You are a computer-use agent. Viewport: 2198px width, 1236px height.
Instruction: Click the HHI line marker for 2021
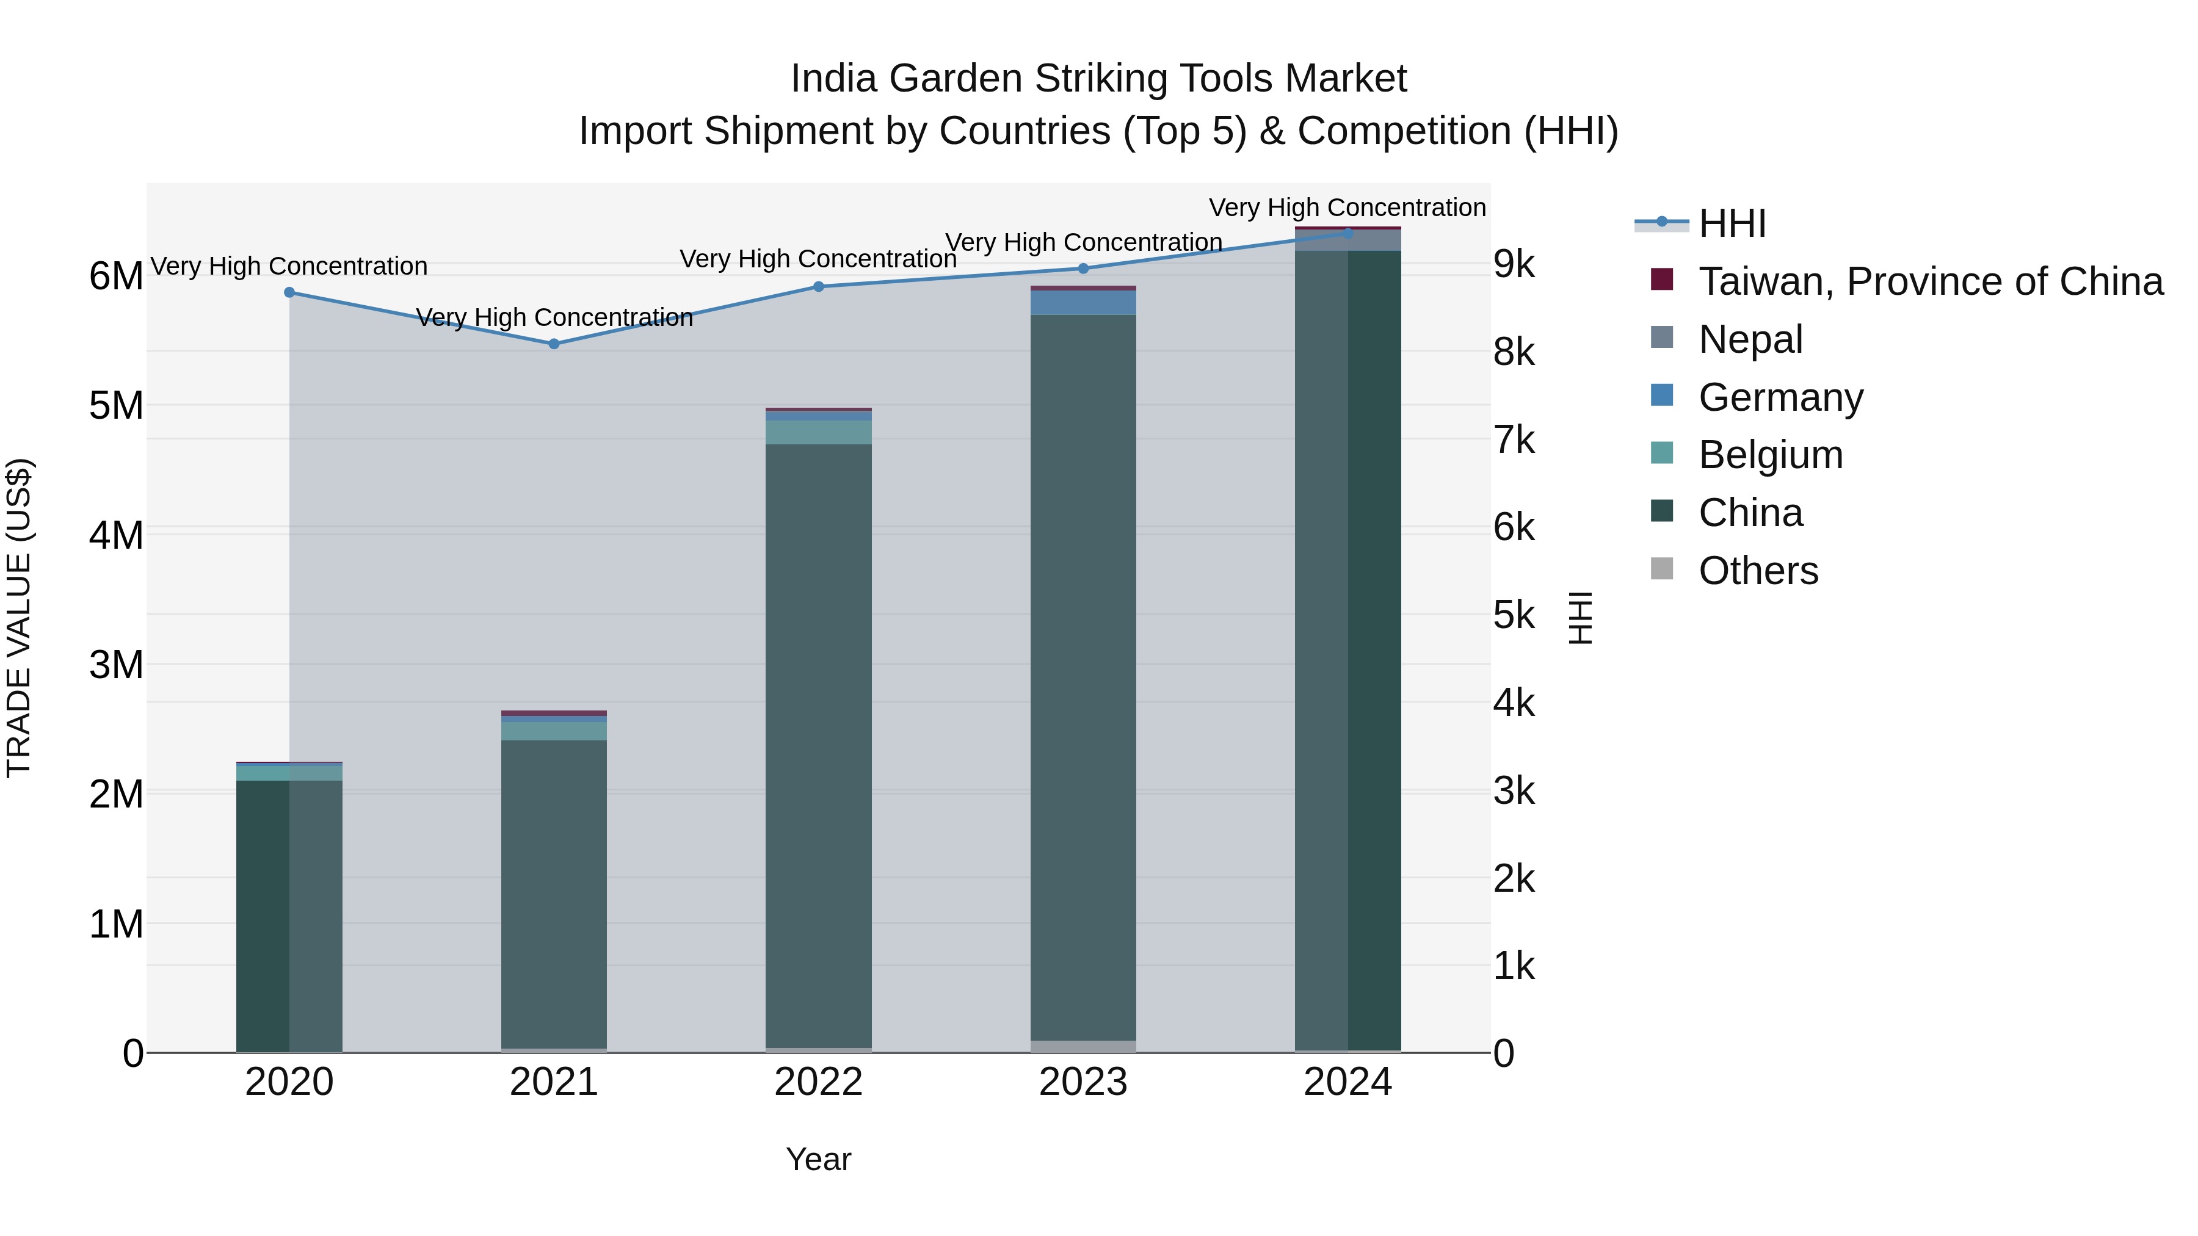click(554, 344)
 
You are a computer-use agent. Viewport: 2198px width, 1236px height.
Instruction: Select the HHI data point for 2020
click(289, 292)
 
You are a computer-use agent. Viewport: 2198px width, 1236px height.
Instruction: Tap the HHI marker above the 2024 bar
click(1348, 233)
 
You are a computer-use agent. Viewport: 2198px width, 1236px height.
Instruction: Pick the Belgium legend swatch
click(1661, 453)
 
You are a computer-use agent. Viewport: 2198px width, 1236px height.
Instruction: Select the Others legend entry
click(1758, 571)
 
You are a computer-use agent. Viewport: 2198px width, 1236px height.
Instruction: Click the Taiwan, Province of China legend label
click(1930, 281)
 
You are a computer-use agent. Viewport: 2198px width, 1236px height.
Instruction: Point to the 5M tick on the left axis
click(116, 406)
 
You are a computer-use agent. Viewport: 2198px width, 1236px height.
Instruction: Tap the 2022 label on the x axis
click(818, 1082)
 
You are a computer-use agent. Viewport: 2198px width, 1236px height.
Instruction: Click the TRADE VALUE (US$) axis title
click(19, 618)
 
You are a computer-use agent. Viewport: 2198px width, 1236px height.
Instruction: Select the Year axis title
click(818, 1159)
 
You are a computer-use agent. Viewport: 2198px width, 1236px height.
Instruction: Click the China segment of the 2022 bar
click(818, 742)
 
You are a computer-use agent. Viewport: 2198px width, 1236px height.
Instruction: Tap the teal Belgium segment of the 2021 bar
click(554, 731)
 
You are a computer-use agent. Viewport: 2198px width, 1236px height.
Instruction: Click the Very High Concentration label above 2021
click(554, 317)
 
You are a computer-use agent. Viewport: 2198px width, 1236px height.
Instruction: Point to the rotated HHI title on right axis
click(1580, 618)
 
